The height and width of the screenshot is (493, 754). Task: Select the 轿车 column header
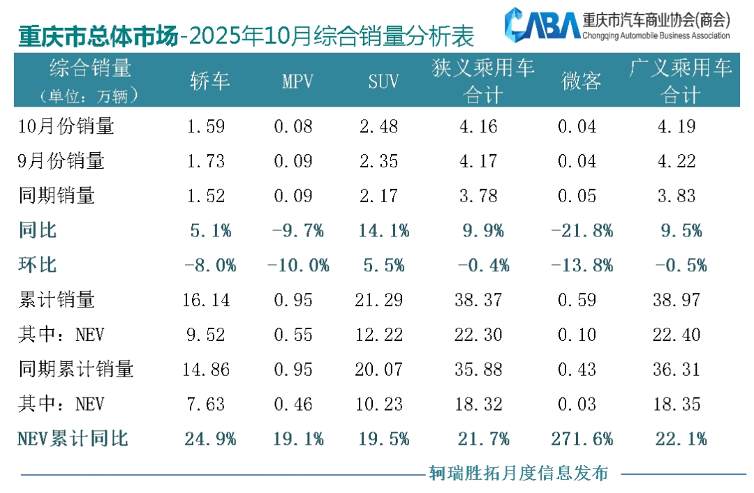tap(209, 82)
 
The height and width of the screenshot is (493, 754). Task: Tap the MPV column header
tap(297, 82)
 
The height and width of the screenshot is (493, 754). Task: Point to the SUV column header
tap(383, 82)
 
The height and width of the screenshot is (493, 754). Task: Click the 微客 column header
tap(581, 82)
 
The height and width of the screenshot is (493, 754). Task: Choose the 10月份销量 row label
tap(66, 126)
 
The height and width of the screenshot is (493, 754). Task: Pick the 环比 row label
tap(38, 265)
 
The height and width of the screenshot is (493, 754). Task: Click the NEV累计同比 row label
tap(73, 439)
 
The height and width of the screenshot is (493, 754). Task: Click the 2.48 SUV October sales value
tap(383, 126)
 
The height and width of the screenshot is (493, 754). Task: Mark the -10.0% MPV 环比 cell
tap(297, 265)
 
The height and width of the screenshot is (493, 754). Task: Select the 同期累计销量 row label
tap(76, 369)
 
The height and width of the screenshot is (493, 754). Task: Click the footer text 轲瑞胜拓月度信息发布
tap(519, 473)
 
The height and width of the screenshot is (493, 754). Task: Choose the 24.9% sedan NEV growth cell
tap(210, 439)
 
